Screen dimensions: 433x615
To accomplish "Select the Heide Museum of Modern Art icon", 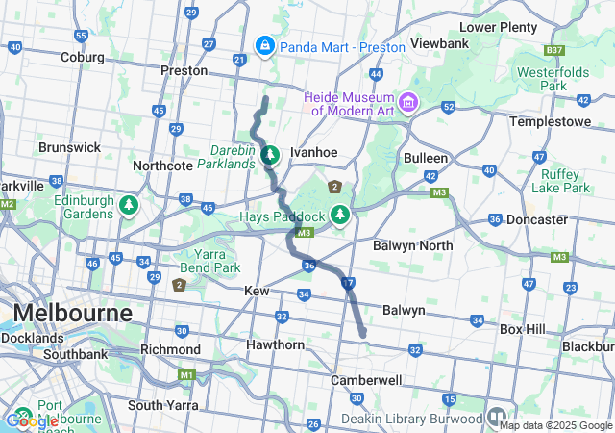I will pos(408,101).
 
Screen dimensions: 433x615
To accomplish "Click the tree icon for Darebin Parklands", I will pos(271,154).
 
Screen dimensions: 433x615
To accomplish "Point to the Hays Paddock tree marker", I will pos(338,214).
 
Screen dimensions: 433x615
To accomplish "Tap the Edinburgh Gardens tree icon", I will pos(128,205).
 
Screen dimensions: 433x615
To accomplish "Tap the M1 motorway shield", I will pos(186,374).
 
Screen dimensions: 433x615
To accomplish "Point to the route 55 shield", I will pos(81,36).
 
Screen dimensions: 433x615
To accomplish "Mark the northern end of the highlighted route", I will pos(266,98).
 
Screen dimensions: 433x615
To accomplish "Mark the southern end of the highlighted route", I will pos(363,335).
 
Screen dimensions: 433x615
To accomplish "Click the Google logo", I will pos(32,420).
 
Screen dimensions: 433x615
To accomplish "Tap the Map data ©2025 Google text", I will pos(554,425).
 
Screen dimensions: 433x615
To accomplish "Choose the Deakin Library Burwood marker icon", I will pos(497,418).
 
